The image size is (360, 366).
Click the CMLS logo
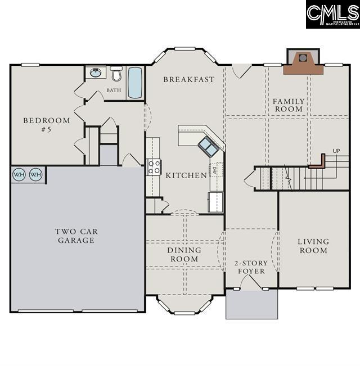(x=332, y=14)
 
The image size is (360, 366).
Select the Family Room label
(x=289, y=105)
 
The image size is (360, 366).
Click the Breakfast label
(x=188, y=79)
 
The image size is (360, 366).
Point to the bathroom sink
(x=96, y=73)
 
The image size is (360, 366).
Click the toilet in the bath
(x=116, y=73)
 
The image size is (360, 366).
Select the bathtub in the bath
(x=135, y=83)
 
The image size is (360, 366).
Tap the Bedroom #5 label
(x=47, y=125)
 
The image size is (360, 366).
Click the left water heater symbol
(x=19, y=175)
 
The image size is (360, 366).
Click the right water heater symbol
(x=35, y=175)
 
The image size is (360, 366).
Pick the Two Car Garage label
(x=75, y=236)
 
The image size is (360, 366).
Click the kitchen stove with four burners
(x=154, y=167)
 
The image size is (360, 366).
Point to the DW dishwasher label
(x=215, y=169)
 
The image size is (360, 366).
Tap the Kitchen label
(x=186, y=175)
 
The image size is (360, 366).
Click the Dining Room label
(x=184, y=254)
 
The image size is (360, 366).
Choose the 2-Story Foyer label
(x=251, y=267)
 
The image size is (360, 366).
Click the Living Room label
(x=313, y=246)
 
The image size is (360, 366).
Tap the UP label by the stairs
(x=336, y=151)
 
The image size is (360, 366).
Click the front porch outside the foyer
(x=251, y=305)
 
